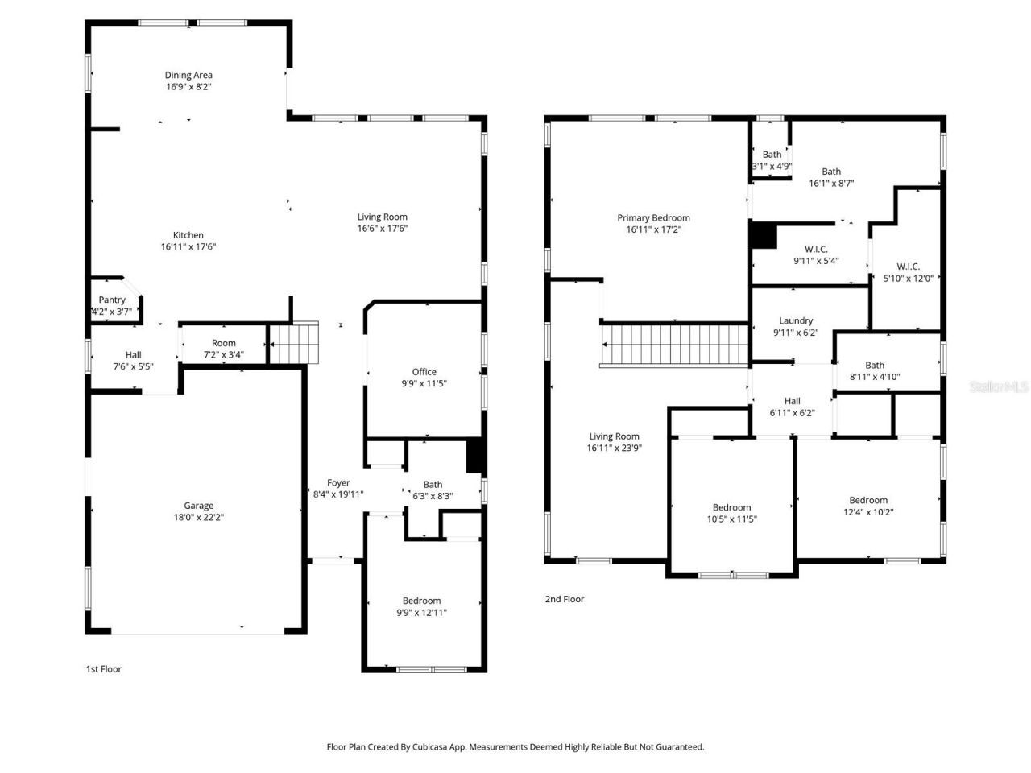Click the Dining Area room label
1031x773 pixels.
(188, 76)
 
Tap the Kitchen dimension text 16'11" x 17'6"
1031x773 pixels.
(188, 247)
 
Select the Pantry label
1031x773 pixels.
(112, 300)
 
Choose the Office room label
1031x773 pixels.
(424, 372)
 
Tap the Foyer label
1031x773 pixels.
(338, 483)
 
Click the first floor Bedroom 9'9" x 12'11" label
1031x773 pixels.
(422, 601)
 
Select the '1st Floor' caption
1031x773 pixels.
(104, 669)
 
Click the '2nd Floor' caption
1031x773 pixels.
(565, 599)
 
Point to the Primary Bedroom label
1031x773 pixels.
(653, 217)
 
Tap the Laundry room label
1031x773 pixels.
(796, 320)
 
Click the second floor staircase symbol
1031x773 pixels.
(675, 345)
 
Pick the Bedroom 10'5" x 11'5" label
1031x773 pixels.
(731, 507)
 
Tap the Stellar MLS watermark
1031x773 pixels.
(999, 387)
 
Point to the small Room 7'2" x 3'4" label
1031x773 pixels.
(223, 343)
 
